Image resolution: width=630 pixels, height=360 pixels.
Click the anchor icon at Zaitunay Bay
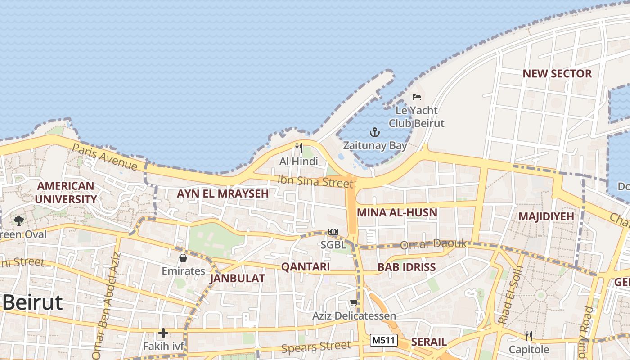click(375, 132)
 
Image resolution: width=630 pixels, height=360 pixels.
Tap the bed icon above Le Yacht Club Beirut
click(417, 97)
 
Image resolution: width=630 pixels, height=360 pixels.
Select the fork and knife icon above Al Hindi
click(298, 148)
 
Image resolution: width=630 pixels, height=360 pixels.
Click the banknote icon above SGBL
click(333, 231)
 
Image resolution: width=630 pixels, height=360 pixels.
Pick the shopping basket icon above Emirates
click(183, 258)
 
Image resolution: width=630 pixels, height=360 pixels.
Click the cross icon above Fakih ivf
click(163, 333)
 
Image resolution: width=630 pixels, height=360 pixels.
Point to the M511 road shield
click(384, 340)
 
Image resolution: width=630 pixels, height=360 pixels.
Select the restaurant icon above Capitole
click(529, 336)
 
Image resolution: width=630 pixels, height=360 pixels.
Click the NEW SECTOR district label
click(557, 74)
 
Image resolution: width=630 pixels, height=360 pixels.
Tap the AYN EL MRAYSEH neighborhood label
click(223, 194)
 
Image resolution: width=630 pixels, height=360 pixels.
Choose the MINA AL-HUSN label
click(397, 213)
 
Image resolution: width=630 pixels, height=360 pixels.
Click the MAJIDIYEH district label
click(546, 216)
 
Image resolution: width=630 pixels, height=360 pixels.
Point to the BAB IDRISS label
click(406, 267)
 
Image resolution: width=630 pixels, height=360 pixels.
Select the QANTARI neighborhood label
click(306, 267)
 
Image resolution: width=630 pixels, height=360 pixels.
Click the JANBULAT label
click(237, 279)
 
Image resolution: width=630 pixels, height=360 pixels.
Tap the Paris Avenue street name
click(104, 157)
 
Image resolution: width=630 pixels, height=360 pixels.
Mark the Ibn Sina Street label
click(315, 181)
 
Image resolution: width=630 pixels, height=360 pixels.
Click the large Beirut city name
click(32, 303)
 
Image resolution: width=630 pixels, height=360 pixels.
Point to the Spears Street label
click(316, 347)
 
